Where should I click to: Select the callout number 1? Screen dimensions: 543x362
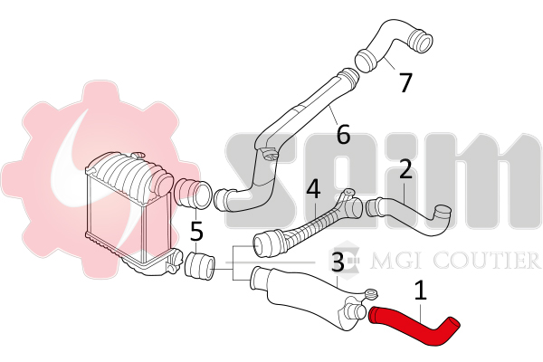tap(421, 291)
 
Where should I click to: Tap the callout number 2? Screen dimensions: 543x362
tap(405, 169)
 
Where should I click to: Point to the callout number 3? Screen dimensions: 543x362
tap(338, 262)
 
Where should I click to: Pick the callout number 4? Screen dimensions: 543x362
tap(314, 189)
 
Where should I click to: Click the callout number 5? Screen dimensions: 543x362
tap(196, 232)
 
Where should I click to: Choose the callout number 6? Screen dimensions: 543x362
tap(343, 134)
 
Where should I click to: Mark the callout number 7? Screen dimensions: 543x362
tap(405, 82)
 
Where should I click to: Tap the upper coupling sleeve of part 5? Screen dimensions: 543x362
tap(193, 194)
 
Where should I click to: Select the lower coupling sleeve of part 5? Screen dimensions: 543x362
tap(200, 266)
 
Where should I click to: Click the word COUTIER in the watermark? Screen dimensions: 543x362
tap(487, 261)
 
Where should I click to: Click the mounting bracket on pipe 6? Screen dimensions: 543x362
tap(270, 154)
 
